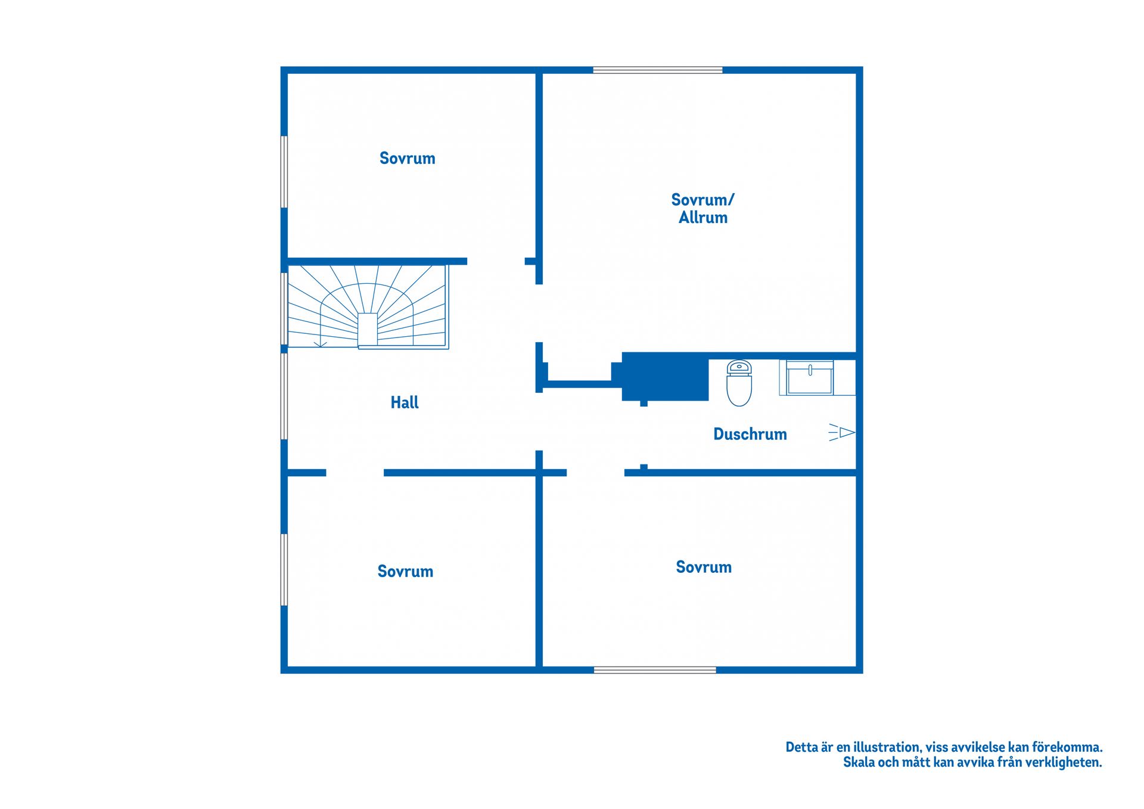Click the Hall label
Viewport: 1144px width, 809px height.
405,402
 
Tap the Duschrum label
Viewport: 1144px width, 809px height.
750,434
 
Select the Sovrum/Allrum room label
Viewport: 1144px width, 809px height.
703,208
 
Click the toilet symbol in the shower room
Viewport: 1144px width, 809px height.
739,383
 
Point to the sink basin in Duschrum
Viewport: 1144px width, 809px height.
810,378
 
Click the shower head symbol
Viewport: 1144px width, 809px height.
842,432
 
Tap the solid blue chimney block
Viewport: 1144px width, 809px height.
664,376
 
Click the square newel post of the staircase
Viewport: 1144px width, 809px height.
368,329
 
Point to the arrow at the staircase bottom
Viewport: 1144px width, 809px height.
321,343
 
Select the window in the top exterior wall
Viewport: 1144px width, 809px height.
658,70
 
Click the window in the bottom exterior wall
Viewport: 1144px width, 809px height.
655,670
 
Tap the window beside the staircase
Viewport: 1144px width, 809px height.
284,309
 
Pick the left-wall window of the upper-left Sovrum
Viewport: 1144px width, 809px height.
284,172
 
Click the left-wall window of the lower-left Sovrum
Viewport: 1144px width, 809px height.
284,570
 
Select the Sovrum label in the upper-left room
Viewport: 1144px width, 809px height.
408,158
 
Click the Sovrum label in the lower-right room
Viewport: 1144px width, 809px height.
704,567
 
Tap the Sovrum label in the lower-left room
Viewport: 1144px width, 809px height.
405,571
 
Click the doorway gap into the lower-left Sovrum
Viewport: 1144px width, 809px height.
355,473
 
